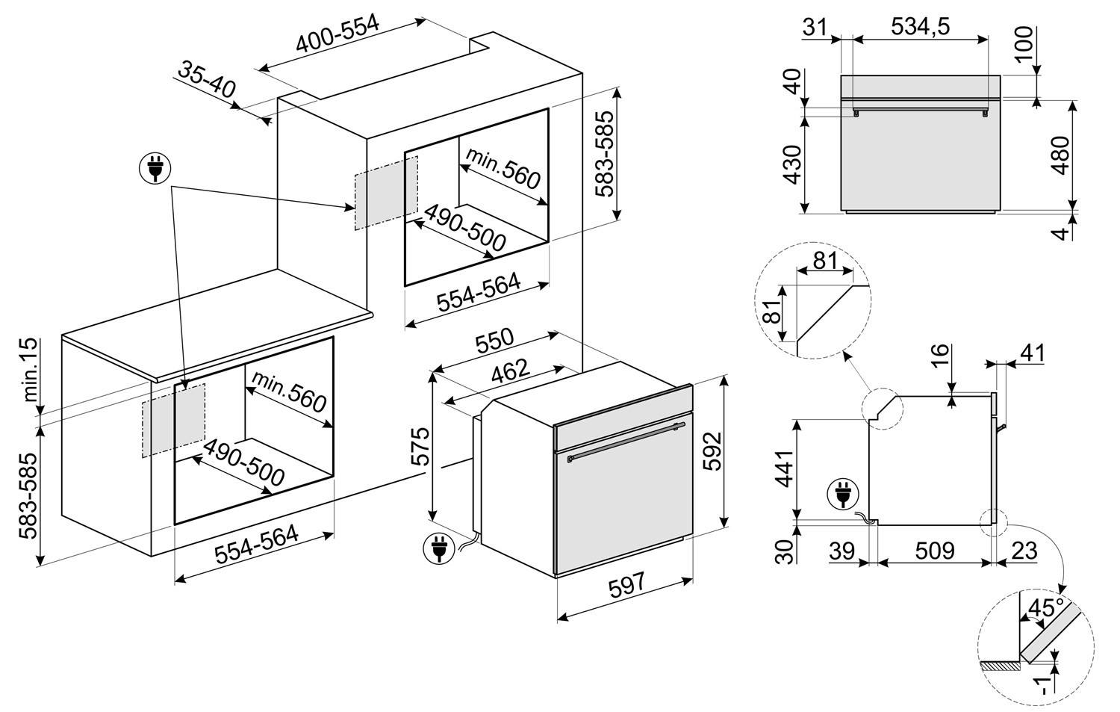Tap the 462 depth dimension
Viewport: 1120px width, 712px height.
coord(510,371)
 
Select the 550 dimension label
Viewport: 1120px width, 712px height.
coord(494,341)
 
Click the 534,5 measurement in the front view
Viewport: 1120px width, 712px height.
coord(920,27)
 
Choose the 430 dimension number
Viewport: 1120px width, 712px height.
coord(792,164)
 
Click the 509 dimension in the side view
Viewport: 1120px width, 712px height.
coord(934,551)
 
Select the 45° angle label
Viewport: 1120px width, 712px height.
coord(1044,607)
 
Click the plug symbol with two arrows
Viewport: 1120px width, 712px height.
coord(155,169)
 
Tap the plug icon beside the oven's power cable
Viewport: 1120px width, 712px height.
coord(438,549)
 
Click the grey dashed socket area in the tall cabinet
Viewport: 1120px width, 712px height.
coord(385,191)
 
